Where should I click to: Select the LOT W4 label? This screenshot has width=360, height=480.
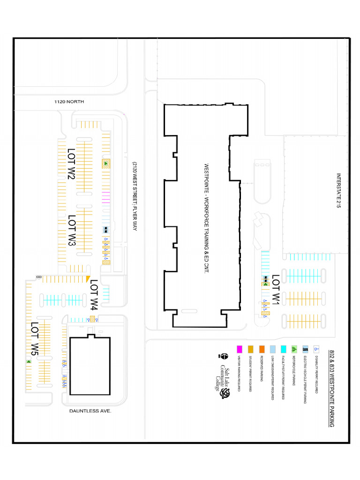(94, 295)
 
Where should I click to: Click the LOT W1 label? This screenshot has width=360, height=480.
(276, 290)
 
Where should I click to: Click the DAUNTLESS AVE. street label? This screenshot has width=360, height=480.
(90, 410)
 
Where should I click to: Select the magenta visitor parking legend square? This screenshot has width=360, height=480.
(240, 349)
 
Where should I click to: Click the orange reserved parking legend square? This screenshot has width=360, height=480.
(262, 349)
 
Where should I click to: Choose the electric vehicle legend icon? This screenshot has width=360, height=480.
(306, 349)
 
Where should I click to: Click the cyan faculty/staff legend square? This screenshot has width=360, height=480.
(284, 349)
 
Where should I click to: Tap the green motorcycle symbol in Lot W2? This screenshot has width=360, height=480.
(106, 163)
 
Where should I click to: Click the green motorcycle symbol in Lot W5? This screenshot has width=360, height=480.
(29, 362)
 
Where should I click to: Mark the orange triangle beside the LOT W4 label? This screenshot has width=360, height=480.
(88, 279)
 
